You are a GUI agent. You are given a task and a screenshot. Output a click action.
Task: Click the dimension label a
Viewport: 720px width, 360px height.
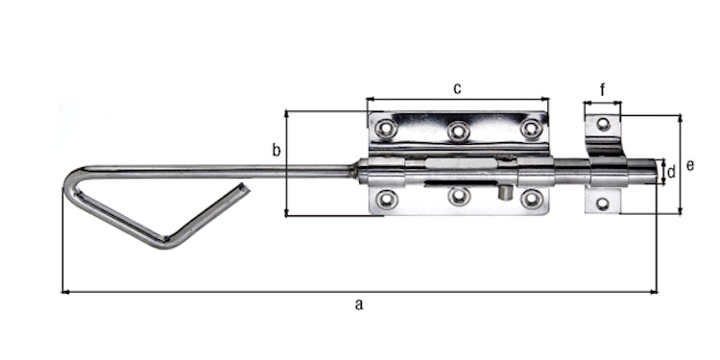click(359, 305)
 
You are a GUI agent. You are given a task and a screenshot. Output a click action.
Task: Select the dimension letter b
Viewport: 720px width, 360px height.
click(276, 150)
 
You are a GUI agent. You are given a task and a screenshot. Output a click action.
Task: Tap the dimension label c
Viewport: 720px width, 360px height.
click(457, 89)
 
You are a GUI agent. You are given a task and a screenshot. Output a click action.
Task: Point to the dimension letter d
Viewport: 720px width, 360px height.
click(671, 172)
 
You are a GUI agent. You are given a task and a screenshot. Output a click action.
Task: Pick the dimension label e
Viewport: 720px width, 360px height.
click(690, 165)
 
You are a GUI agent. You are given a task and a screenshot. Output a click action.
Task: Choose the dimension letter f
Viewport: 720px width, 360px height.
click(602, 90)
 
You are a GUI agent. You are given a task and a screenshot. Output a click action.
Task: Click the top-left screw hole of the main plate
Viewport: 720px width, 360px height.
click(386, 129)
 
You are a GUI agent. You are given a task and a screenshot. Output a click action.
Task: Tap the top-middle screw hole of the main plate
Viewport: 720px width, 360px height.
click(459, 130)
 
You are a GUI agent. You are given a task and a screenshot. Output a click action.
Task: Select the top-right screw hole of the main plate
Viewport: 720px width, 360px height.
click(531, 129)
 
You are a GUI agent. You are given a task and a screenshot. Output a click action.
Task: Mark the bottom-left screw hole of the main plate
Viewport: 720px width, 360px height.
click(386, 199)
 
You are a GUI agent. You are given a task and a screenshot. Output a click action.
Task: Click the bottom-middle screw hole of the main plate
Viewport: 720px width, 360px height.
click(459, 197)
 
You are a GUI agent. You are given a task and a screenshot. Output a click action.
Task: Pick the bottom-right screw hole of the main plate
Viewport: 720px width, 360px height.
click(531, 199)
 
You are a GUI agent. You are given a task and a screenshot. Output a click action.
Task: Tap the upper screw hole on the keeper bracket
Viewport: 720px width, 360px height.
click(603, 124)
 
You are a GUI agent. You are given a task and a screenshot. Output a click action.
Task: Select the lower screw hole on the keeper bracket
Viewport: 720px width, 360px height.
click(603, 203)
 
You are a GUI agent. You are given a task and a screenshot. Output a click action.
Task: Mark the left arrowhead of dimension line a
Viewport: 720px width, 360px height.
click(64, 291)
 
